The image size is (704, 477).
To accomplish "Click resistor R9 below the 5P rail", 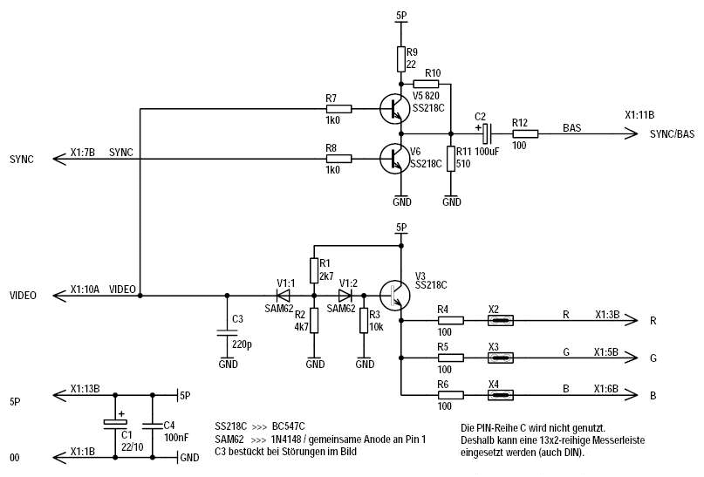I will click(400, 58).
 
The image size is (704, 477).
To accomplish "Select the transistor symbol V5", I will click(393, 110).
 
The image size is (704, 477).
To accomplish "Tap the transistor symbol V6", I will click(393, 159).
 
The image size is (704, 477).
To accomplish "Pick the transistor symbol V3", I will click(393, 295).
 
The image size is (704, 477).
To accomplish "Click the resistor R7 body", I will click(338, 109).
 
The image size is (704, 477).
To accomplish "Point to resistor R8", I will click(338, 159).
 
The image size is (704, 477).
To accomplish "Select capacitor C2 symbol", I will click(486, 133).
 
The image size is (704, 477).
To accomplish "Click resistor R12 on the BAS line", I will click(524, 133).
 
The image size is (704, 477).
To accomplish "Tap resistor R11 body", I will click(451, 159).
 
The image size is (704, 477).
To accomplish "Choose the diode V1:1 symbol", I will click(283, 295).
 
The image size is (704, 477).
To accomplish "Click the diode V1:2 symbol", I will click(345, 295).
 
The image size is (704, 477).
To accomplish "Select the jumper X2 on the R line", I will click(499, 321).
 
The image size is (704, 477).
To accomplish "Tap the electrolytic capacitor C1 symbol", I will click(114, 423).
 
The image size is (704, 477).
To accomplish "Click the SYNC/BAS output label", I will click(673, 133).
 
